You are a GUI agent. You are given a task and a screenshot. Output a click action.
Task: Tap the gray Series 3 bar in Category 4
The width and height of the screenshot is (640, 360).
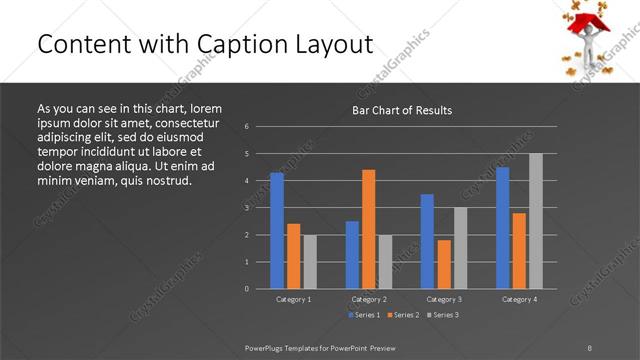click(536, 220)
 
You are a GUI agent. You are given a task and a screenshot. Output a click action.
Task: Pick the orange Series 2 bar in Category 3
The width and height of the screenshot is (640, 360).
click(444, 264)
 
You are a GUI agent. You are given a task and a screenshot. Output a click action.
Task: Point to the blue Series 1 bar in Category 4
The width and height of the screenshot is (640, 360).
click(503, 227)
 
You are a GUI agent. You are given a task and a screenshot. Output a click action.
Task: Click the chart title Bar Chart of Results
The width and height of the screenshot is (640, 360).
click(402, 110)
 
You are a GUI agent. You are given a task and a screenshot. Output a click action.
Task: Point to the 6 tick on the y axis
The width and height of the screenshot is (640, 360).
click(246, 127)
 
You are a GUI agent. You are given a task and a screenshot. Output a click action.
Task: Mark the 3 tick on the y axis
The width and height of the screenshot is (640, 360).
click(246, 208)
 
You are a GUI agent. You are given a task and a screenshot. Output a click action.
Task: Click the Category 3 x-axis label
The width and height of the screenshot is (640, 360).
click(444, 299)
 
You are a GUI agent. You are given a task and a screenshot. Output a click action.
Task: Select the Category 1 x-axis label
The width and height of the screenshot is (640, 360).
click(294, 299)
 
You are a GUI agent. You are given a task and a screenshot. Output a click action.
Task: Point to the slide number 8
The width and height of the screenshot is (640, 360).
click(589, 347)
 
